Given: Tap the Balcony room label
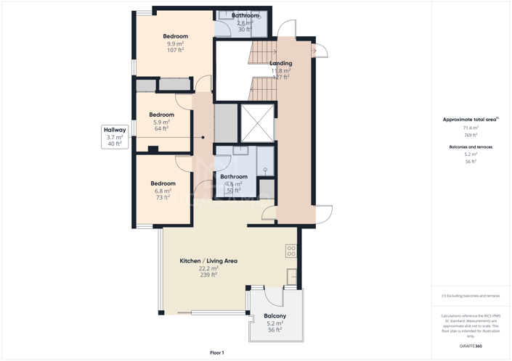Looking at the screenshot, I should pos(275,316).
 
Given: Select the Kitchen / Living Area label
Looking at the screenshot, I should pos(208,261).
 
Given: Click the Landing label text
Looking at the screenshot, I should pos(281,63).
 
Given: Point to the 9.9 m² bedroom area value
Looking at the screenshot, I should pos(175,43).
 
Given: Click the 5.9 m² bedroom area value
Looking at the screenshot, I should pos(161,122).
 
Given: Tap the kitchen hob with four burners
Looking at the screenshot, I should pos(290,251).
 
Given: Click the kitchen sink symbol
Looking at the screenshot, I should pos(292,276).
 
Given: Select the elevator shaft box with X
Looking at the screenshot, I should pos(257,123).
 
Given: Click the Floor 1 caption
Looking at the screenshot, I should pos(217,352).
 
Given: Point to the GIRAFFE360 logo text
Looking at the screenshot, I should pos(471,347).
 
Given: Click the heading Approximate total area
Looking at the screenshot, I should pos(470,119).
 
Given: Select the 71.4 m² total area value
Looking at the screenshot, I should pos(471,128).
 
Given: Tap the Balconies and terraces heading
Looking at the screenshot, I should pos(471,147).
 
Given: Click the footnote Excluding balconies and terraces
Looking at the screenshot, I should pos(471,296).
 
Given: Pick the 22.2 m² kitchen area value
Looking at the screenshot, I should pos(208,268).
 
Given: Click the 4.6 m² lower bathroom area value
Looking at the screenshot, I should pos(233,184).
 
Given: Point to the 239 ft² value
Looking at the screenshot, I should pos(208,275).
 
